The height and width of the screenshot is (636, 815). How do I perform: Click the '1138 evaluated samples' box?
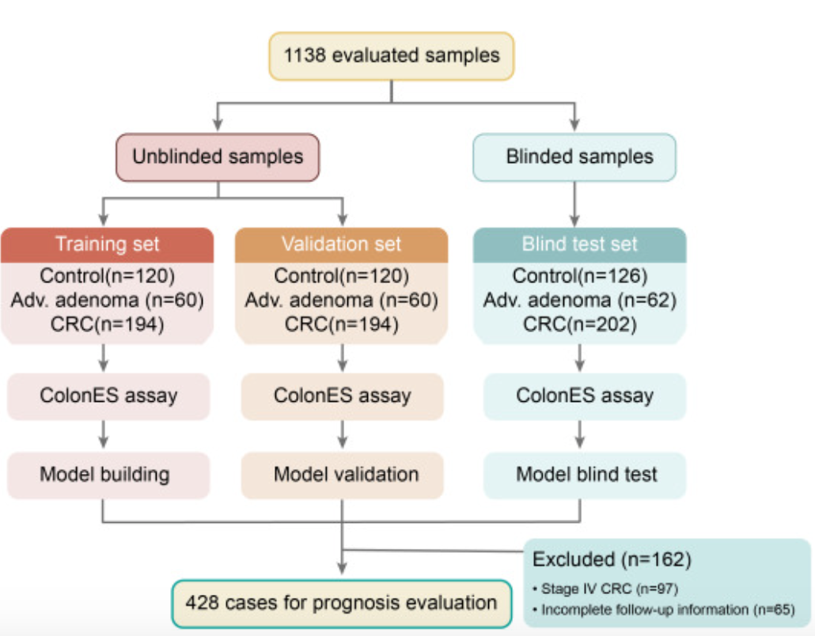click(x=392, y=56)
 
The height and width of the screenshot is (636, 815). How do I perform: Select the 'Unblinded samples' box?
click(x=218, y=157)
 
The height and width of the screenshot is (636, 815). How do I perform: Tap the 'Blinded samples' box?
click(x=574, y=157)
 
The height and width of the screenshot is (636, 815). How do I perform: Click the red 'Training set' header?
click(x=107, y=244)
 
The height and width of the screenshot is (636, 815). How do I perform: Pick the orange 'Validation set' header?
click(x=342, y=244)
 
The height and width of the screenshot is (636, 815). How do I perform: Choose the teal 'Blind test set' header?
click(x=579, y=244)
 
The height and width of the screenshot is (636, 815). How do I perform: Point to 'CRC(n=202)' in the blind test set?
click(x=579, y=324)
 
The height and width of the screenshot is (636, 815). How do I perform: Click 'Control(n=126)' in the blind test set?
click(x=579, y=276)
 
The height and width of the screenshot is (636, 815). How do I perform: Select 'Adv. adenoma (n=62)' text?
click(x=579, y=301)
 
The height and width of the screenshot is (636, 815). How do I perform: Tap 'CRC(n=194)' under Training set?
click(x=107, y=324)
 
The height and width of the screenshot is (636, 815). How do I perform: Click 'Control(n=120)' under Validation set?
click(x=342, y=276)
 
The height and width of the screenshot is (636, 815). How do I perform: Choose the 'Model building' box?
click(x=108, y=475)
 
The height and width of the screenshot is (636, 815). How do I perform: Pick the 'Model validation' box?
click(x=342, y=475)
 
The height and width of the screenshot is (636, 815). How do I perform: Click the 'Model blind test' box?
click(x=585, y=475)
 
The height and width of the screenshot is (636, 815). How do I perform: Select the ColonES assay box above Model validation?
click(x=342, y=396)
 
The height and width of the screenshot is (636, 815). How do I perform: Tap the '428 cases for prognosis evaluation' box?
click(x=342, y=604)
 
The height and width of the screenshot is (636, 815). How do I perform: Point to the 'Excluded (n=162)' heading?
click(x=612, y=559)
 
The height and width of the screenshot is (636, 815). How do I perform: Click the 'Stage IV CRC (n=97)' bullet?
click(x=605, y=589)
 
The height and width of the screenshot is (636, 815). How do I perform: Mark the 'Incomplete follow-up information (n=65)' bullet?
click(x=664, y=609)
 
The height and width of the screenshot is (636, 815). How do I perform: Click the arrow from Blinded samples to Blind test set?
click(x=574, y=204)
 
